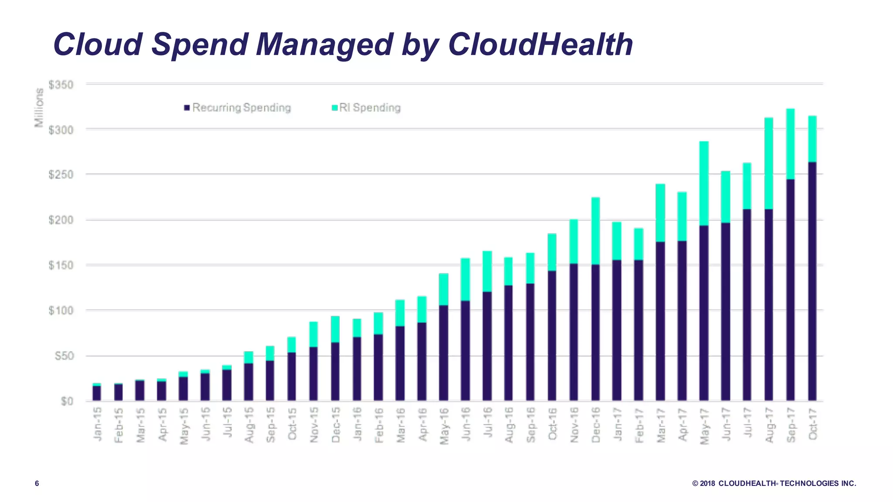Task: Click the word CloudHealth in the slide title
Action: (540, 44)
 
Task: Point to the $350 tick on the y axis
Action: (61, 85)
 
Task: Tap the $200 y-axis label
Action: (61, 220)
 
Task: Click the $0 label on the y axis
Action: (67, 401)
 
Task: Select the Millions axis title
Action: (39, 107)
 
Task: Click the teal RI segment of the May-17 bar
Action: (704, 183)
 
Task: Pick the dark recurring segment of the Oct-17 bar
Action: (812, 281)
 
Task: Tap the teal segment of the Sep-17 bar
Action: (790, 144)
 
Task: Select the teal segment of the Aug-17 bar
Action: (769, 163)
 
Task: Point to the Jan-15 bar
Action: (97, 392)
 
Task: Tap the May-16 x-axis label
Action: (444, 426)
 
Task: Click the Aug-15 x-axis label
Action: (249, 425)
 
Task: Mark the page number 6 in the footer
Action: (37, 483)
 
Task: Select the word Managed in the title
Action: (324, 44)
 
